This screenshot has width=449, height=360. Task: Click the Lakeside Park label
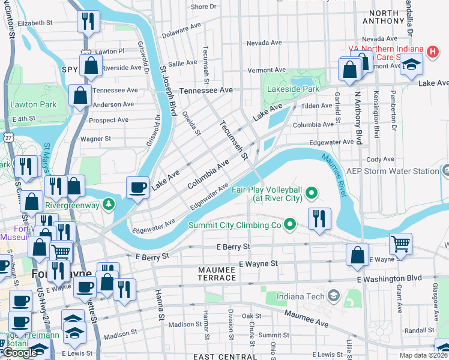point(294,89)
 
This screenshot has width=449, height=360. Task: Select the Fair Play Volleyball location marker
point(311,193)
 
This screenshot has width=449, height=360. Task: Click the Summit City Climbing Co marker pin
point(291,225)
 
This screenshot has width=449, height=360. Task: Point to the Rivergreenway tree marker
point(108,205)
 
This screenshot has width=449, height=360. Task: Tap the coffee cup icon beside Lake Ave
point(138,187)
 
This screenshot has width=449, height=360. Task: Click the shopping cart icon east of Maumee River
point(400,243)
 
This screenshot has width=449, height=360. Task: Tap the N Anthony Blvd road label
point(358,117)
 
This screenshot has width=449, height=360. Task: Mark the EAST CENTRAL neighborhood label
point(217,356)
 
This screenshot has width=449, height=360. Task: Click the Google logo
point(19,353)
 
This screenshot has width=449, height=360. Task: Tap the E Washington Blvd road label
point(390,279)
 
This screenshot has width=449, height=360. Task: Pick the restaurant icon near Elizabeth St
point(88,22)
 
